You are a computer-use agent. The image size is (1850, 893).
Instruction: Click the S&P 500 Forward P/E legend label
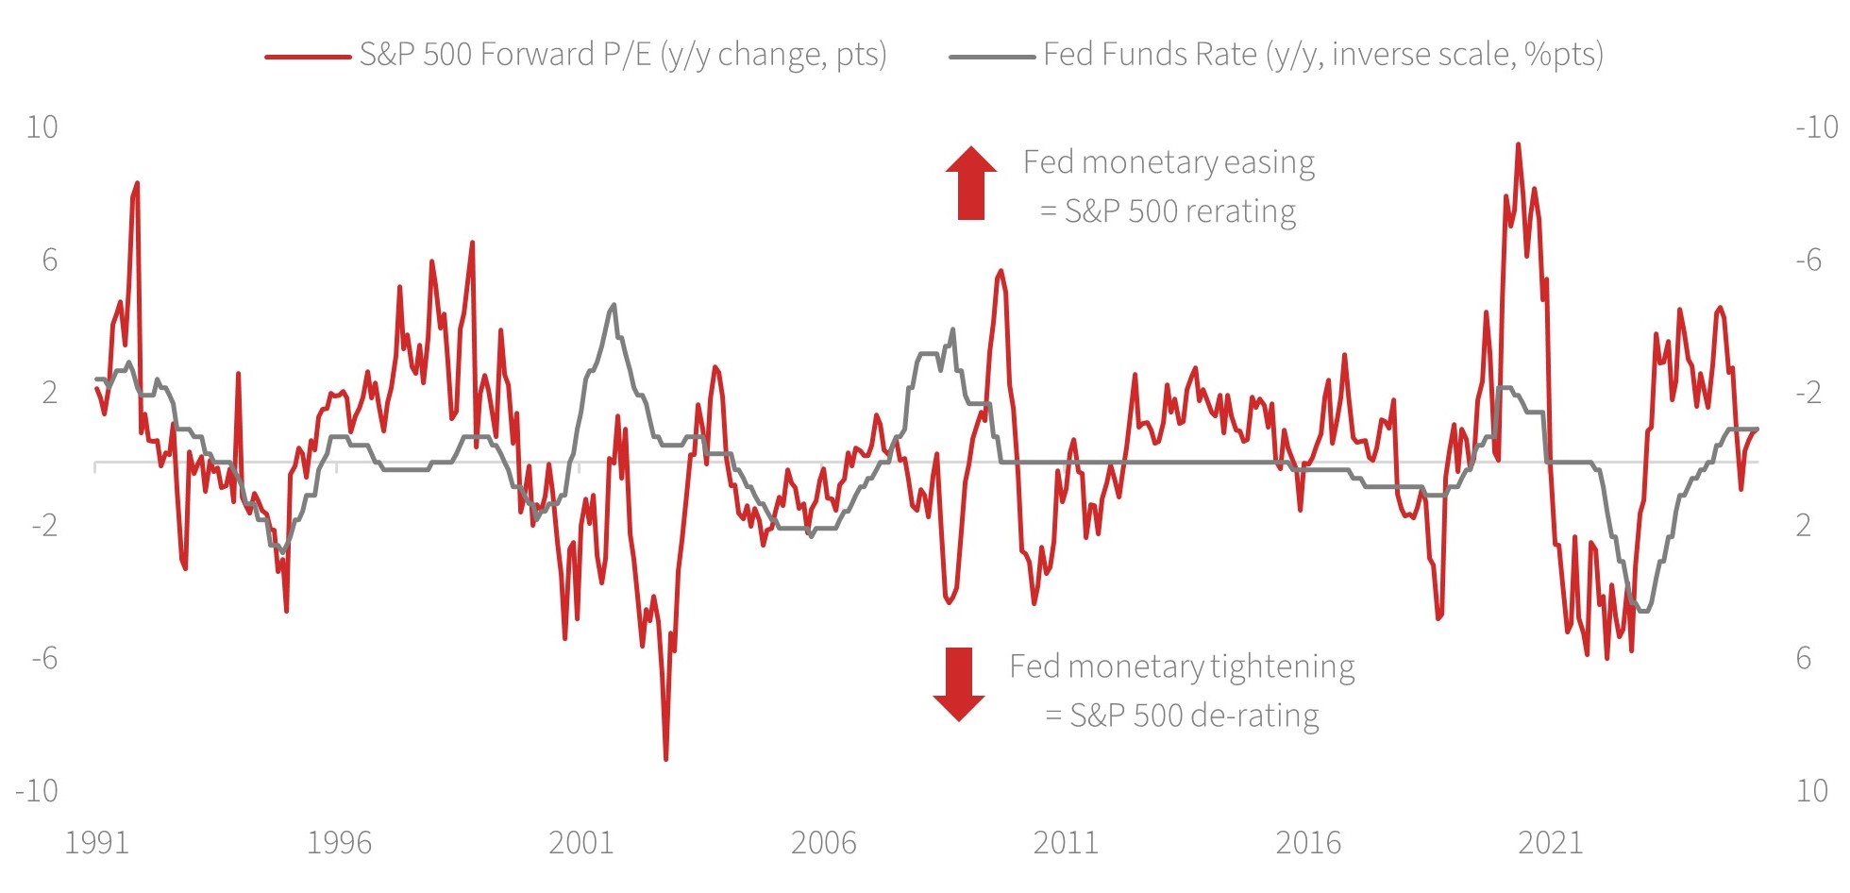point(623,55)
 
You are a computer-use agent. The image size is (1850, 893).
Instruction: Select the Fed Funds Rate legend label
point(1323,55)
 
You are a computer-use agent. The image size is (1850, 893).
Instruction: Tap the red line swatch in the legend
point(308,57)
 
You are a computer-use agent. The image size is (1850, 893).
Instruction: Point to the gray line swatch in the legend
point(991,57)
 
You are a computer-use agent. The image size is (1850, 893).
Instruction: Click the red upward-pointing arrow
point(971,183)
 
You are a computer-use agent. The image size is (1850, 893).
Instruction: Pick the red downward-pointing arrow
point(959,683)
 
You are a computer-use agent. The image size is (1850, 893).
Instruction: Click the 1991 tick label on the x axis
point(96,843)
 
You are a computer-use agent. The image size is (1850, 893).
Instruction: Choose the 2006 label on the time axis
point(823,843)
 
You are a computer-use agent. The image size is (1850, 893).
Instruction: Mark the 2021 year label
point(1550,843)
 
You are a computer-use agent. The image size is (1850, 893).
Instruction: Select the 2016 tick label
point(1308,843)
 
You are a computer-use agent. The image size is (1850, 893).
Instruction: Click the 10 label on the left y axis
point(42,127)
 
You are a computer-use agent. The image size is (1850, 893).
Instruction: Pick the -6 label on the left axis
point(43,658)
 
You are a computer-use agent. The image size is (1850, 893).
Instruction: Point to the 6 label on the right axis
point(1803,658)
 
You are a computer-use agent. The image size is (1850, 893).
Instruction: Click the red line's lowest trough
point(666,758)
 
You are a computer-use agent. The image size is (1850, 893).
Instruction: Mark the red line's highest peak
point(1518,144)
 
